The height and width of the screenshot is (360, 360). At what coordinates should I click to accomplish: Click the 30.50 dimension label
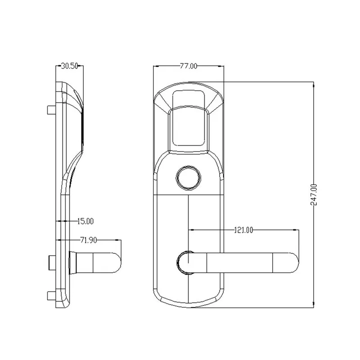tap(70, 66)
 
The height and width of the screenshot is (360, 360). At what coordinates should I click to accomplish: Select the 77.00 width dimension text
tap(189, 66)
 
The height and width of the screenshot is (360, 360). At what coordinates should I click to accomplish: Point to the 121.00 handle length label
tap(243, 230)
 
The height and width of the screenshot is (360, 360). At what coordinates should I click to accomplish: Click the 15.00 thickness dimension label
tap(85, 221)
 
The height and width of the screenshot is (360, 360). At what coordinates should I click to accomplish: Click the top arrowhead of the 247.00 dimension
tap(314, 84)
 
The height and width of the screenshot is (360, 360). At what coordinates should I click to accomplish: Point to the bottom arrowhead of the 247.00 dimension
tap(314, 307)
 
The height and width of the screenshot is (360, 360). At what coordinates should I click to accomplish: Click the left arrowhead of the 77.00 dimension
tap(155, 66)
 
